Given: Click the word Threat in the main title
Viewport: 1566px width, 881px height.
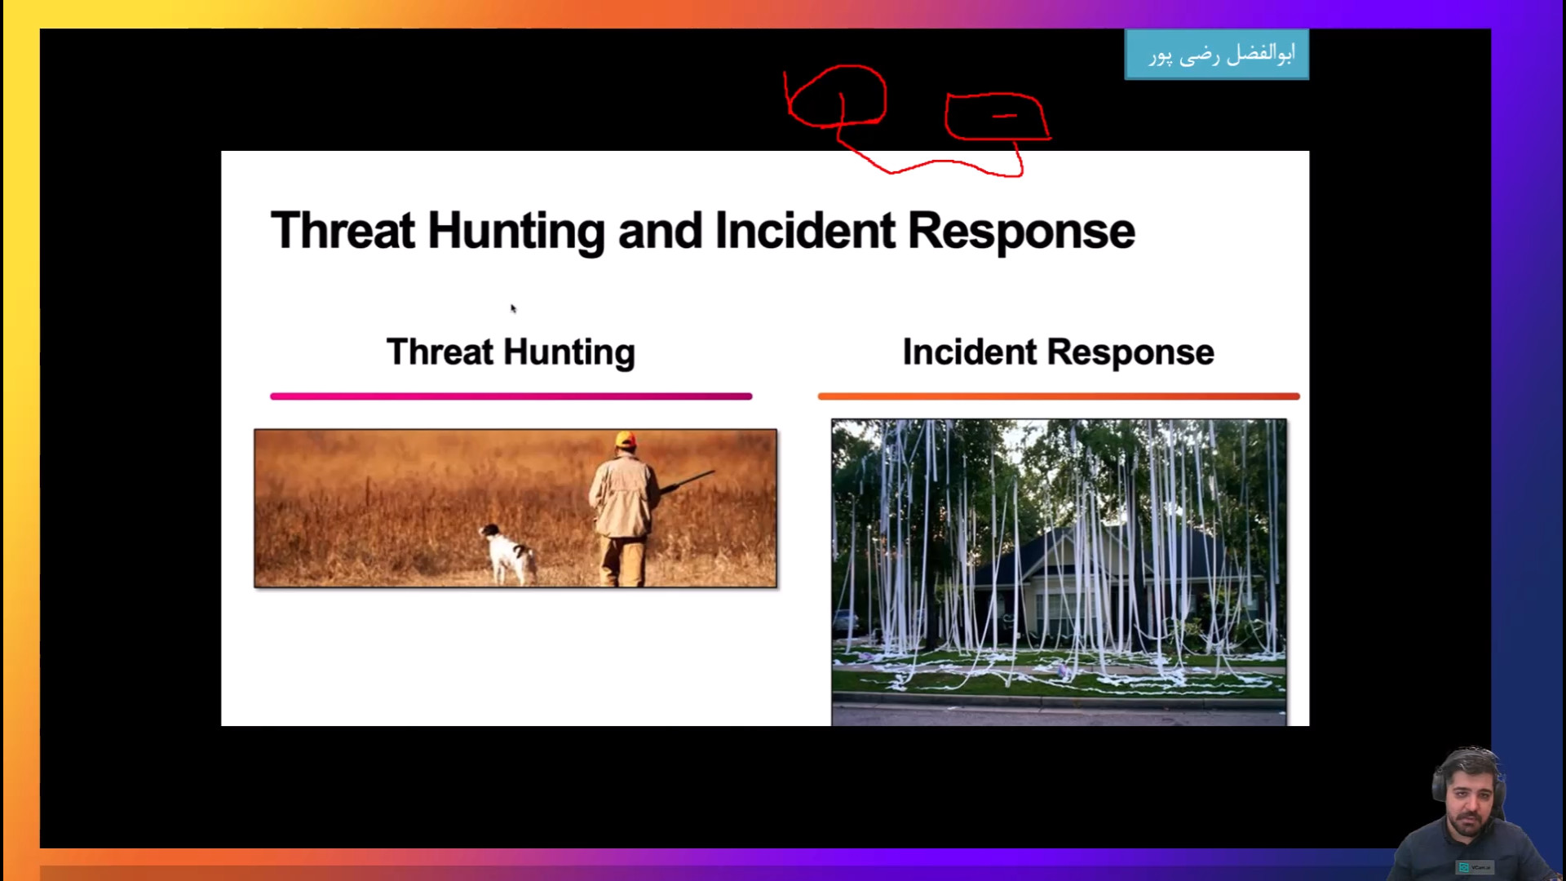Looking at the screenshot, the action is point(343,231).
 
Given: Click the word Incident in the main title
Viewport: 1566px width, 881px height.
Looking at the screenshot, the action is point(805,231).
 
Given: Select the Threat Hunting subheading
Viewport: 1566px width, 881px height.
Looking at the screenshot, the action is point(511,352).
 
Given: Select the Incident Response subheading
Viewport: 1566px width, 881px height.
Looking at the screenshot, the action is point(1058,352).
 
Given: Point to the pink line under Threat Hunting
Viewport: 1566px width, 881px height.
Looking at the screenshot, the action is point(511,396).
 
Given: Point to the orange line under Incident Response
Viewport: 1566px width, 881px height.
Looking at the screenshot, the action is point(1059,396).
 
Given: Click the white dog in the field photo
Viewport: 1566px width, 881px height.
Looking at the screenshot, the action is point(509,554).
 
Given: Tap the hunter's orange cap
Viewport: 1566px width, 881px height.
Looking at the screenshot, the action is point(626,440).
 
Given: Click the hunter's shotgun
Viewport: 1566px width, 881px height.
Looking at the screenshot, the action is point(687,482).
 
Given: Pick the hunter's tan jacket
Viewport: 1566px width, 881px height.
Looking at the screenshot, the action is point(624,495).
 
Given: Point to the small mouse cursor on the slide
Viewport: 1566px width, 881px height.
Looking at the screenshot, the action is point(513,308).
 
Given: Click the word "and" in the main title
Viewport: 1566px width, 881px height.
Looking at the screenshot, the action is point(660,231).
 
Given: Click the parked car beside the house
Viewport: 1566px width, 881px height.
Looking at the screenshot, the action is point(845,622).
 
